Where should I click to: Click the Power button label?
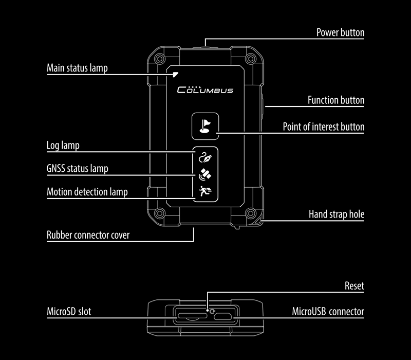click(x=340, y=32)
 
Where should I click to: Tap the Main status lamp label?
click(x=77, y=68)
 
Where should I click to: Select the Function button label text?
click(x=336, y=100)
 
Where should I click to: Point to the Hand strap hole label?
click(x=337, y=214)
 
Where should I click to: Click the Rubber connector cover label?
click(x=88, y=235)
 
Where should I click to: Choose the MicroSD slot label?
click(x=69, y=312)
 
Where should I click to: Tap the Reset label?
click(x=354, y=286)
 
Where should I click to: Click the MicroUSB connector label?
click(x=328, y=312)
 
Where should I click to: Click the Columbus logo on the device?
click(x=205, y=89)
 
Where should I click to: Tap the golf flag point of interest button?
click(x=205, y=126)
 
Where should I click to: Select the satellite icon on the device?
click(x=205, y=174)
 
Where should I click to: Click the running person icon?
click(x=205, y=191)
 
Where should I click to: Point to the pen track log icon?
click(x=205, y=157)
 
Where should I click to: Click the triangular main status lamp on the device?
click(x=175, y=75)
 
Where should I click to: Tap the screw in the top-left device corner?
click(x=159, y=59)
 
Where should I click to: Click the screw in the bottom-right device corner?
click(x=251, y=213)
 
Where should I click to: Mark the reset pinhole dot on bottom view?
click(x=208, y=311)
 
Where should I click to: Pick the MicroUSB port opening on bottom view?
click(x=223, y=316)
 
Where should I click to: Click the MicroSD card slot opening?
click(x=192, y=315)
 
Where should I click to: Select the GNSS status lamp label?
click(x=78, y=169)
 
